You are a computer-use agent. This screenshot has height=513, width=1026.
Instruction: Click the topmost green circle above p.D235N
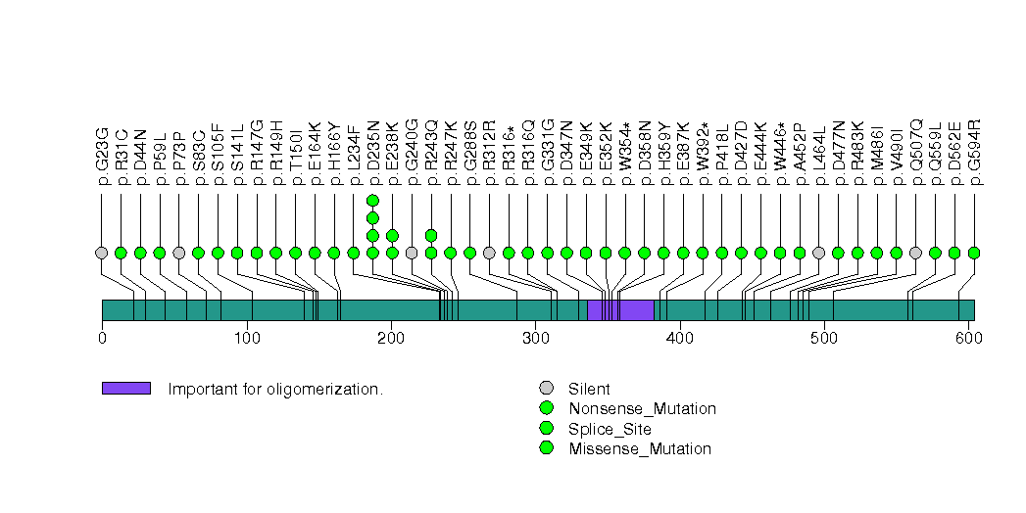click(372, 201)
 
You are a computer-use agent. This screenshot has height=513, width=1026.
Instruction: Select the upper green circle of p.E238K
click(392, 235)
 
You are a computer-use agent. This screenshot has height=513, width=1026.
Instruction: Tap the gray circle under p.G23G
click(101, 253)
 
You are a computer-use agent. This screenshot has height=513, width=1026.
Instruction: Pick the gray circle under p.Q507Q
click(915, 253)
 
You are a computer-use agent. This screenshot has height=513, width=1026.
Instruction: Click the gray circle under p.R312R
click(489, 253)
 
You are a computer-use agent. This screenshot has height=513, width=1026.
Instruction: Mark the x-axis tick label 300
click(535, 339)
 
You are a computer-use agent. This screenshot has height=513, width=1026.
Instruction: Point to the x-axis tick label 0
click(102, 339)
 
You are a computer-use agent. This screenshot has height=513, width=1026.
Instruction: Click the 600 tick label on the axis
click(968, 339)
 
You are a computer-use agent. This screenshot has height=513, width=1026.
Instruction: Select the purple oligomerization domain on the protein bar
click(620, 310)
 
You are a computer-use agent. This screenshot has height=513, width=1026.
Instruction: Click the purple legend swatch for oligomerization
click(125, 389)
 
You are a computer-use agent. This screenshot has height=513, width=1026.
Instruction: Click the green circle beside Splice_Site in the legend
click(546, 429)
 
